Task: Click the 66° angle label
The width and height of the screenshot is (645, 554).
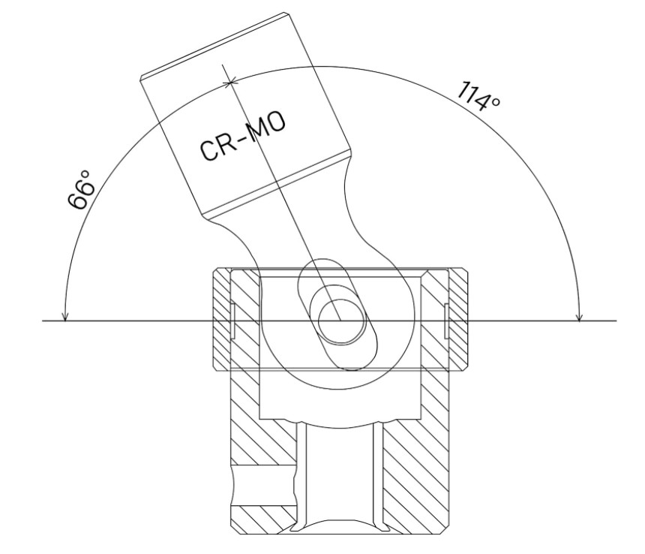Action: (x=82, y=190)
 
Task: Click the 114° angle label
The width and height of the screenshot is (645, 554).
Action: (x=478, y=97)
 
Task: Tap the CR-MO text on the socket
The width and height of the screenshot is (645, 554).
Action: (x=243, y=136)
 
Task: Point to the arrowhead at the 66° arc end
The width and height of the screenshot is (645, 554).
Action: (x=64, y=315)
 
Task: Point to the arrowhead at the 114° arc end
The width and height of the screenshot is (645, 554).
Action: (x=579, y=315)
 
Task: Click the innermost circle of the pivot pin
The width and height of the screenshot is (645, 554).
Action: (x=341, y=321)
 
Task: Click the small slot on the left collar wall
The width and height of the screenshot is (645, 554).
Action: (x=232, y=321)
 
